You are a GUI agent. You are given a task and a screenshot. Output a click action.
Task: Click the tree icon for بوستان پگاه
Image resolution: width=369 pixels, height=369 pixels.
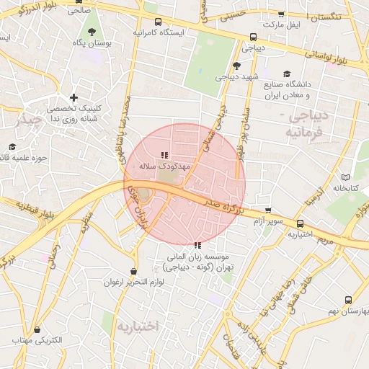point(92,31)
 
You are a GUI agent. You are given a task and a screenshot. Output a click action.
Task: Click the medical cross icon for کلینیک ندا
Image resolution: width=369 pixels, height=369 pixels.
point(74,97)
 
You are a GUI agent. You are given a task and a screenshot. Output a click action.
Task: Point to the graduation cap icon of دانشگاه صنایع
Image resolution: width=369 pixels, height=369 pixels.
point(287,74)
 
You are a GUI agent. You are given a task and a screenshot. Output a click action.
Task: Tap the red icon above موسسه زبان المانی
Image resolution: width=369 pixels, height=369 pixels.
point(198,245)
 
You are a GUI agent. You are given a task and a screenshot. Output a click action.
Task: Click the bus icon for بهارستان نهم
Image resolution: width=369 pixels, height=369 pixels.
point(349,300)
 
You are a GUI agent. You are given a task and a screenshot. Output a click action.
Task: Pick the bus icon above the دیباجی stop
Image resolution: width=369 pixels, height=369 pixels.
point(253,37)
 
